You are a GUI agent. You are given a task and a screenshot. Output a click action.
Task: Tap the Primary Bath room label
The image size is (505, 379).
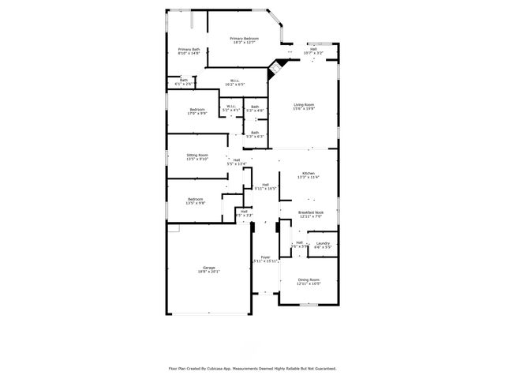click(189, 51)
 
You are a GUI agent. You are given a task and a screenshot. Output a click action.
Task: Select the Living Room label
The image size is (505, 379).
click(304, 107)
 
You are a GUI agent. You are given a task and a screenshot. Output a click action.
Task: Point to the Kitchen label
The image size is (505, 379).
click(308, 175)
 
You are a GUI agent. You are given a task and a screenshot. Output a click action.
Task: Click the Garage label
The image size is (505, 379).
click(208, 270)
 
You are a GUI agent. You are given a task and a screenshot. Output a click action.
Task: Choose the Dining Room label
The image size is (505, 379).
click(309, 281)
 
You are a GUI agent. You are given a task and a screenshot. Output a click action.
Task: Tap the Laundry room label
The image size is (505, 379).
click(322, 245)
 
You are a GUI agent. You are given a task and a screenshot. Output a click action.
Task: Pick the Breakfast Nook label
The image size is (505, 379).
click(311, 214)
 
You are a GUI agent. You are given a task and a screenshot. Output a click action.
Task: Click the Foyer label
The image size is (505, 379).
click(266, 259)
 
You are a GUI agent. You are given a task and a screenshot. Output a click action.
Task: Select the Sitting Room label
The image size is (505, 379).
click(197, 156)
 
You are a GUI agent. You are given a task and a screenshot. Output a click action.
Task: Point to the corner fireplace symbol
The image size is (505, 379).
click(276, 68)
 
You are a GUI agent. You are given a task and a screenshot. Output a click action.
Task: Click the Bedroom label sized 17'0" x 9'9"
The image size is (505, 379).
click(196, 111)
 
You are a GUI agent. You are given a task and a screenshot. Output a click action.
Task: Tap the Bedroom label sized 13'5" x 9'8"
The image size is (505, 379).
click(195, 201)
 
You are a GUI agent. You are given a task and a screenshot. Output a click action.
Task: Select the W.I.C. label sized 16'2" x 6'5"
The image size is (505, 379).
click(234, 81)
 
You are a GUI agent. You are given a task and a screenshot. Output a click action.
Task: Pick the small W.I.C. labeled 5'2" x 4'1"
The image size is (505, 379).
click(230, 108)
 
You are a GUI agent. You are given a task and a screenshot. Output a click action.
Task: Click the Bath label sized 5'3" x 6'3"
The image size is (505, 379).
click(255, 134)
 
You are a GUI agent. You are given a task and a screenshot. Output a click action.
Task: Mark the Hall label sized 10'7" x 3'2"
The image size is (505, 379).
click(313, 51)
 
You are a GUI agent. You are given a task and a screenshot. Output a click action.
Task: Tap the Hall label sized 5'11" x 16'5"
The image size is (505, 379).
click(266, 187)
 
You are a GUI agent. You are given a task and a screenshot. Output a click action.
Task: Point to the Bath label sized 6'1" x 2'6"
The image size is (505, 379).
click(183, 81)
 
